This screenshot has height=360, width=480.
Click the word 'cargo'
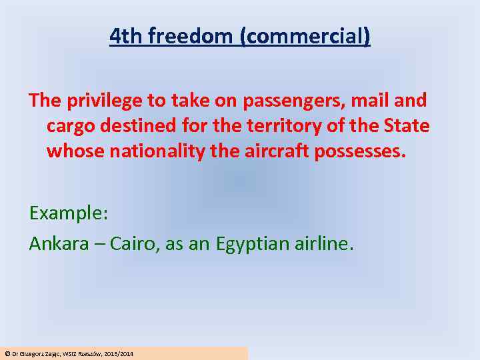pos(69,125)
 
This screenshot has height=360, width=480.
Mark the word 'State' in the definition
pos(409,125)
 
